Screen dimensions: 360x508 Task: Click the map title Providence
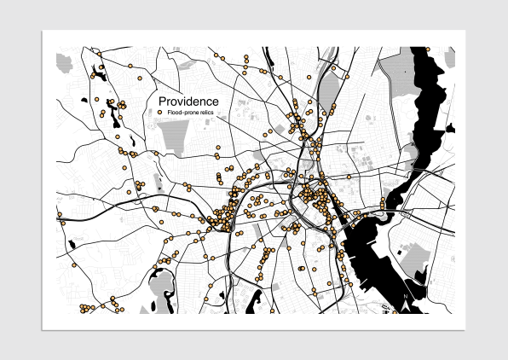click(188, 102)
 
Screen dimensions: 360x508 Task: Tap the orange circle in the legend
click(161, 113)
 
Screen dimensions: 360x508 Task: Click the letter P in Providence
click(163, 102)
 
